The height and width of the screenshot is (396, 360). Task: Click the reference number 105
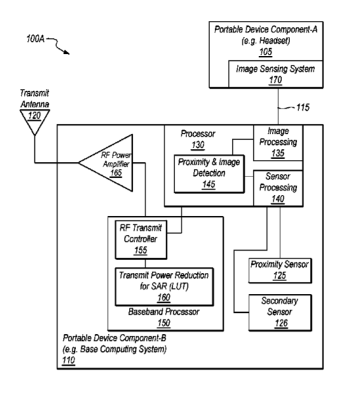point(265,52)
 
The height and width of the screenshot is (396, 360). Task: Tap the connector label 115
point(303,107)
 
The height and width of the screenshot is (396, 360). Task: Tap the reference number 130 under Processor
point(197,145)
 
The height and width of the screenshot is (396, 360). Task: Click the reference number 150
point(164,323)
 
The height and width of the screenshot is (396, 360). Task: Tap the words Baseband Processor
point(164,312)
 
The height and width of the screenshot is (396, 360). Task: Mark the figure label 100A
point(36,39)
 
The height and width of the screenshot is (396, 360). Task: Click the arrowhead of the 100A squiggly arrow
point(67,52)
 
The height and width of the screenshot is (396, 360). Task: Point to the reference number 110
point(69,360)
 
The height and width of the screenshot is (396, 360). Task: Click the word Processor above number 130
point(198,134)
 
